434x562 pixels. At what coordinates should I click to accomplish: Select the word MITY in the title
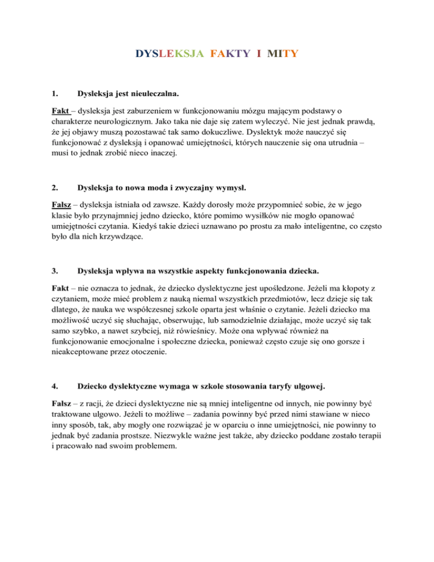283,54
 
